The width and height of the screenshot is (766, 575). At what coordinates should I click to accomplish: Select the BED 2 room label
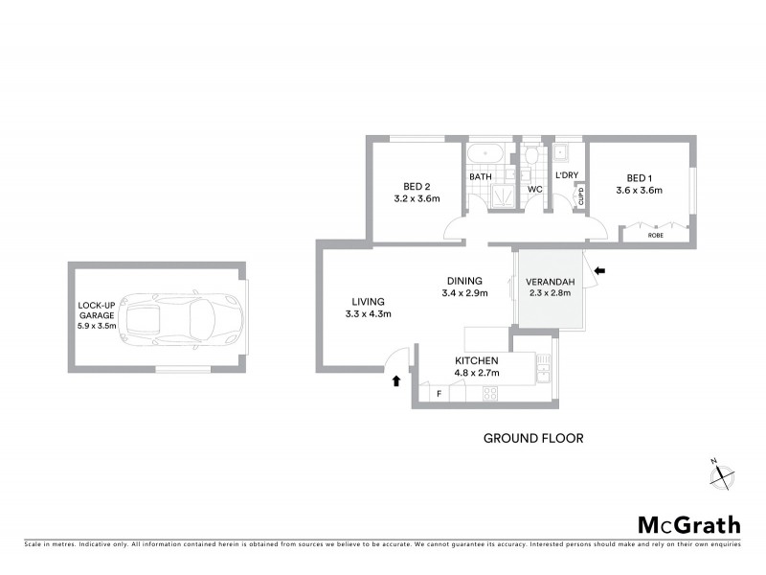click(x=416, y=186)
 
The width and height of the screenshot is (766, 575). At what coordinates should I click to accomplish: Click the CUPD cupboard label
click(x=580, y=196)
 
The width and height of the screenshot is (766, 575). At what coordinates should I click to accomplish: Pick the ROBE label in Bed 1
click(x=656, y=234)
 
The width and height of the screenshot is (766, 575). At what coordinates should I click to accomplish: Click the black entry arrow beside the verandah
click(x=599, y=272)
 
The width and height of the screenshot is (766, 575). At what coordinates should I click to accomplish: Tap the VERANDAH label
click(x=550, y=281)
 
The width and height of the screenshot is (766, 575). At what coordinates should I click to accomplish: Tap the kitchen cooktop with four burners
click(x=489, y=392)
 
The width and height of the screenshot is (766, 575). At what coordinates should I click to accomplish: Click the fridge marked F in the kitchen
click(x=438, y=393)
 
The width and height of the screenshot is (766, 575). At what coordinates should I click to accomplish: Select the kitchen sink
click(x=544, y=366)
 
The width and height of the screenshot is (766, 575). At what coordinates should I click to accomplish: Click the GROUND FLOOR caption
click(x=533, y=438)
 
